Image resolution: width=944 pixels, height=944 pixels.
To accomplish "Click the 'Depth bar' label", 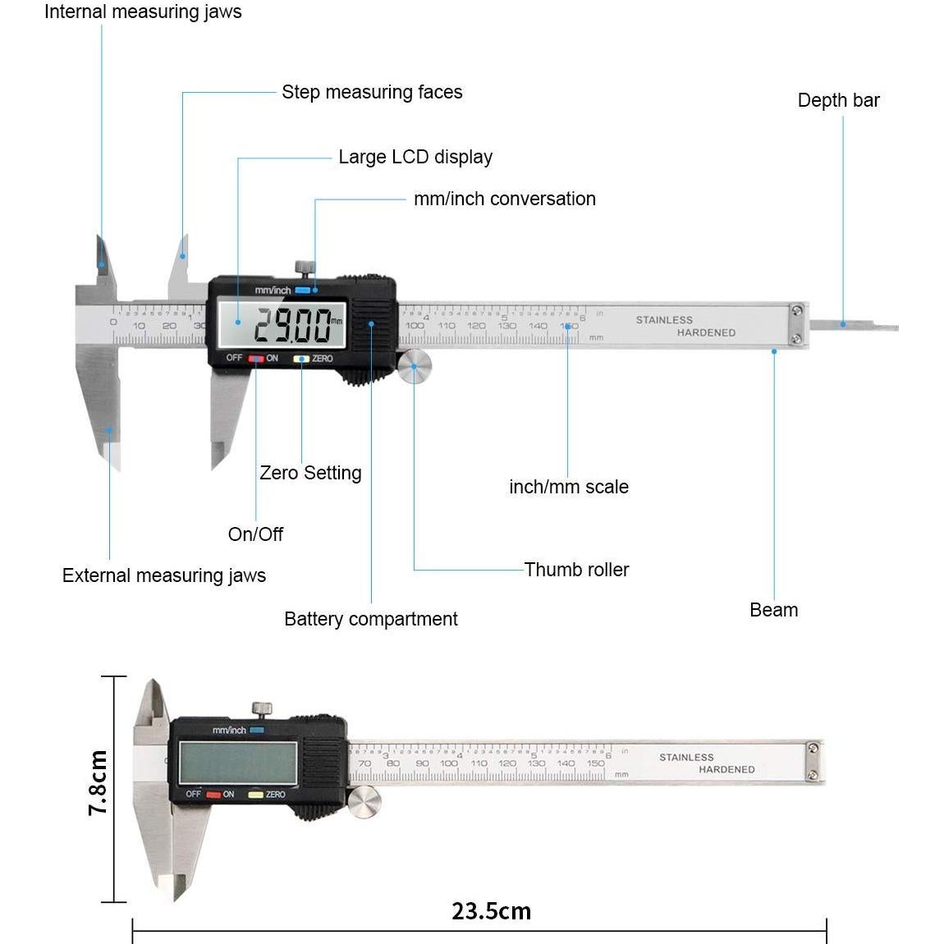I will click(838, 100).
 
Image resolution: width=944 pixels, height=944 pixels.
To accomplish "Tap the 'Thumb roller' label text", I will click(576, 570).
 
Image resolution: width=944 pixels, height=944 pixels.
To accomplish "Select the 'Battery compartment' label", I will click(370, 619).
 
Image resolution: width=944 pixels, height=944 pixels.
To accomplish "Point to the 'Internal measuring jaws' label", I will click(143, 11).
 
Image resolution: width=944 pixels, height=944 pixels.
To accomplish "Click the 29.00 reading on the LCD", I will click(292, 326).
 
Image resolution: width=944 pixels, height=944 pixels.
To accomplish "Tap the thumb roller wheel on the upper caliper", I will click(415, 366).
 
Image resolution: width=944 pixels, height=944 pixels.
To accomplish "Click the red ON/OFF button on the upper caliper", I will click(256, 359).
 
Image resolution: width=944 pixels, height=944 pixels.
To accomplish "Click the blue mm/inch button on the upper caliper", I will click(303, 290).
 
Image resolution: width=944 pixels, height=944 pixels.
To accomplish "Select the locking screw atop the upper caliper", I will click(305, 268).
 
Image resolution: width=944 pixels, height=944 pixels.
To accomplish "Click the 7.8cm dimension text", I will click(98, 782).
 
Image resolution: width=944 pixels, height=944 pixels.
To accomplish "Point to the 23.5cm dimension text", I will click(491, 911).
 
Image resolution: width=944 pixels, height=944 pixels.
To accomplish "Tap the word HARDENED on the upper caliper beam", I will click(706, 332).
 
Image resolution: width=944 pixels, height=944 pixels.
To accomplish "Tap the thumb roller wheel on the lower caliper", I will click(364, 801).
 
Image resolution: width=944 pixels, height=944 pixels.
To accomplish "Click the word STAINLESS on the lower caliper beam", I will click(686, 757).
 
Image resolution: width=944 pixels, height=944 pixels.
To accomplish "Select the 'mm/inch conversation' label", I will click(504, 199).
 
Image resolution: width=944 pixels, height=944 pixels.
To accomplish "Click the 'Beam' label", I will click(773, 610).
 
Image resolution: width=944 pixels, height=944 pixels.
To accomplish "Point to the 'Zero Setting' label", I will click(310, 473).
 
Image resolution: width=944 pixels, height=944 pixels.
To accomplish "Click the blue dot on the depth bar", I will click(842, 324).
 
